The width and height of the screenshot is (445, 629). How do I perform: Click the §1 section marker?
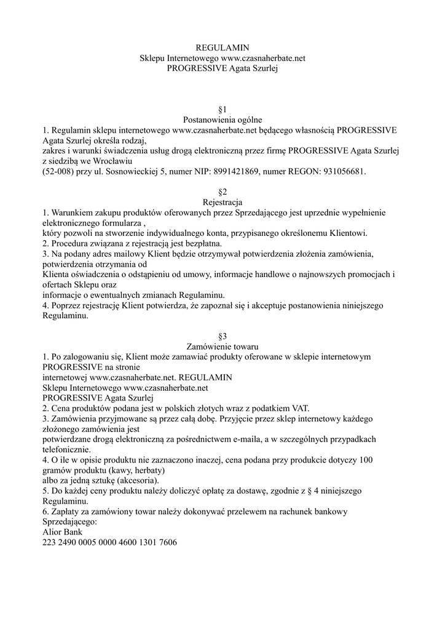[222, 109]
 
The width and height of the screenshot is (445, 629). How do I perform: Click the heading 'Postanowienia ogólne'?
[222, 120]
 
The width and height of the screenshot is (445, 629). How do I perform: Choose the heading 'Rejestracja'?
[222, 203]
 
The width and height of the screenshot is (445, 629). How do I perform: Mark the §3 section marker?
[222, 337]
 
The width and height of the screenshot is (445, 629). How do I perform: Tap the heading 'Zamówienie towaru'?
[222, 347]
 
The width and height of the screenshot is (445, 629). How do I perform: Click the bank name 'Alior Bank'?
[62, 533]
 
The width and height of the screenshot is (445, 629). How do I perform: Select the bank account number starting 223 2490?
[110, 543]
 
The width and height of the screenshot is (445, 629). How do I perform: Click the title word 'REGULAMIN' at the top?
[222, 47]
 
